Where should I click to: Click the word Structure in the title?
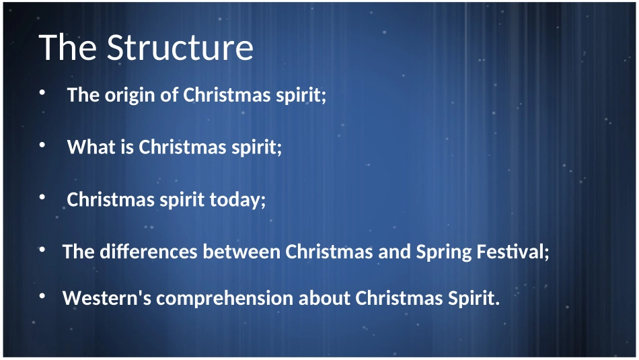pyautogui.click(x=180, y=48)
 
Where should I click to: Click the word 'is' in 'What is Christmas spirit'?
pyautogui.click(x=128, y=147)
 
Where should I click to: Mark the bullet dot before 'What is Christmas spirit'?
pyautogui.click(x=42, y=145)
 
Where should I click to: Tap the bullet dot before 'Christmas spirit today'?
pyautogui.click(x=42, y=197)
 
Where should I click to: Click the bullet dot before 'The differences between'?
pyautogui.click(x=42, y=250)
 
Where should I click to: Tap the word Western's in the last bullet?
pyautogui.click(x=107, y=298)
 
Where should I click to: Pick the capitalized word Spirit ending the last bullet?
pyautogui.click(x=474, y=298)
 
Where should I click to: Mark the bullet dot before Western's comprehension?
pyautogui.click(x=42, y=296)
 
